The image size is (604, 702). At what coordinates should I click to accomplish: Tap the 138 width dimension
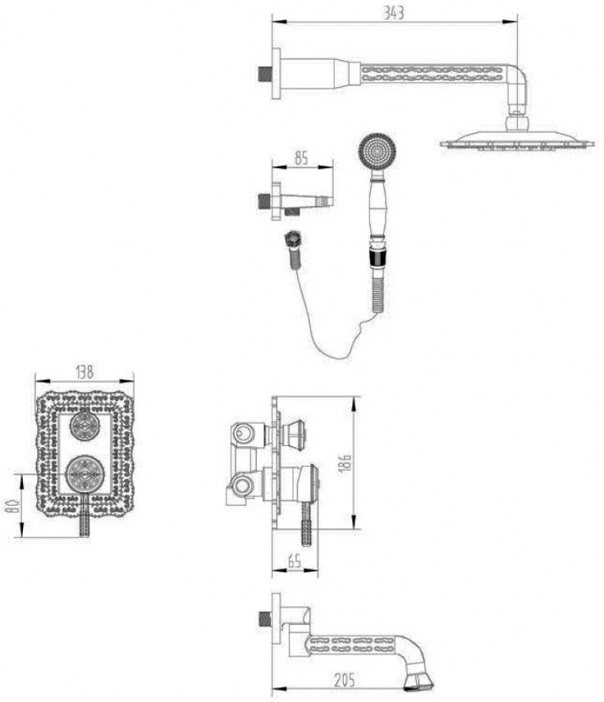point(85,372)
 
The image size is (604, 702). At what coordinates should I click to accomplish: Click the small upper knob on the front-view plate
point(84,424)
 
